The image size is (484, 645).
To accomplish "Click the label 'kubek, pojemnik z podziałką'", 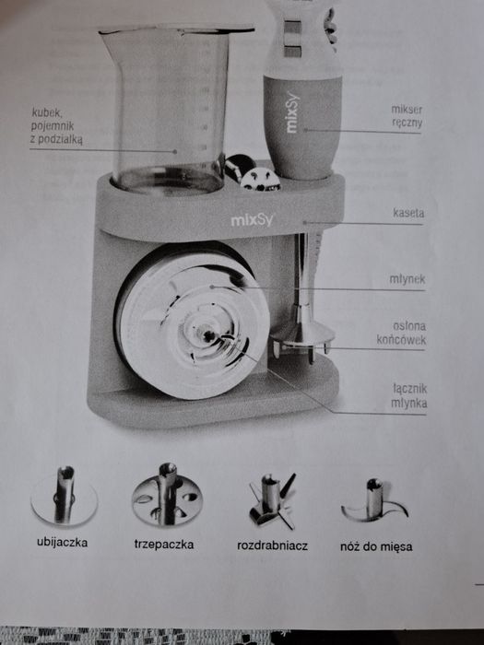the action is tap(57, 126).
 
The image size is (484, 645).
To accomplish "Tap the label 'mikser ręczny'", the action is tap(407, 115).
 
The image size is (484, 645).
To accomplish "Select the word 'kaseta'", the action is tap(408, 213).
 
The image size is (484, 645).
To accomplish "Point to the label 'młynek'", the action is tap(407, 279).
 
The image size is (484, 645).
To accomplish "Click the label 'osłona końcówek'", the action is tap(401, 333).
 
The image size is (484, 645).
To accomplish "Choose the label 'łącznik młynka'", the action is tap(409, 395).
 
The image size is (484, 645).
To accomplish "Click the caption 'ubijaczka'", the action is tap(62, 542).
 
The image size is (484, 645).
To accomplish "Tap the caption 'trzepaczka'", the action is tap(164, 545).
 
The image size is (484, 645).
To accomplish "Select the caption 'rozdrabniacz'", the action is tap(272, 545).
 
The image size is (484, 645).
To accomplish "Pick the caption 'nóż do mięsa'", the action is tap(376, 546).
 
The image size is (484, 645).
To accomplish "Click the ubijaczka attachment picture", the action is tap(65, 496).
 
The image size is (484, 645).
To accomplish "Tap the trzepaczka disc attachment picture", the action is tap(167, 495).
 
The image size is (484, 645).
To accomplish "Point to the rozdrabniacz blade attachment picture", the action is tap(272, 500).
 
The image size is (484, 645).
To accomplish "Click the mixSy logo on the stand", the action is tap(252, 219).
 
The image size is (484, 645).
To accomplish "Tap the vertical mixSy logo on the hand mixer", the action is tap(292, 111).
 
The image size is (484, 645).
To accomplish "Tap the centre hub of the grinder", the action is tap(207, 335).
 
